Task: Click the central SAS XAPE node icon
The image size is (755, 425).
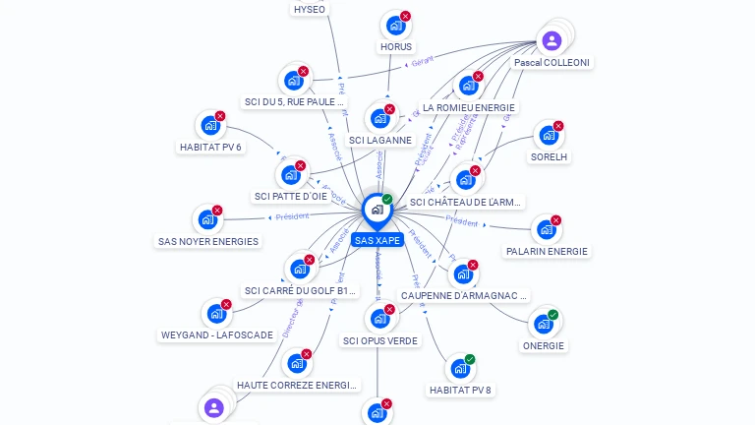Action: [377, 210]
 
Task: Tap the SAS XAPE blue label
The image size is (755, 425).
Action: [377, 240]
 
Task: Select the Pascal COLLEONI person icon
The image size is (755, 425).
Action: [552, 40]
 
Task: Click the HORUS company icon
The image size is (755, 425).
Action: [395, 26]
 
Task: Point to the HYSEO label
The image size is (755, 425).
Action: [310, 10]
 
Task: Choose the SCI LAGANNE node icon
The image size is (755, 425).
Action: [379, 119]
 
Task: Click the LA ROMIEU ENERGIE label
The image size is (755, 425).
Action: [468, 107]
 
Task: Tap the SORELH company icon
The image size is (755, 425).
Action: [548, 136]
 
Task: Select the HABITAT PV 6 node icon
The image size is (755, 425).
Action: [209, 126]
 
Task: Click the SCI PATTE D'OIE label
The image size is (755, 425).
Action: [290, 197]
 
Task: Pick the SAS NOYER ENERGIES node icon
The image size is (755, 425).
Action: [207, 220]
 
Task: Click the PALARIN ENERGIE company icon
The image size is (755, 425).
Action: [546, 230]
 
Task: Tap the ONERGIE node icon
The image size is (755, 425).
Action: [543, 325]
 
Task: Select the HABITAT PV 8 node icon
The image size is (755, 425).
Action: [459, 369]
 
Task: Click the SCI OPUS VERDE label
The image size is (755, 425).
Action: [380, 341]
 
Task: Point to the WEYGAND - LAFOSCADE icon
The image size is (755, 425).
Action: [215, 315]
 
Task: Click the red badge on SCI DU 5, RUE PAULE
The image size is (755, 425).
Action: [303, 71]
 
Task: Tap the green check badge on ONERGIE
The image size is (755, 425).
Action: [552, 315]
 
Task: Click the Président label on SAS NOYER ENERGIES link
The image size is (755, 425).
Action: [292, 216]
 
